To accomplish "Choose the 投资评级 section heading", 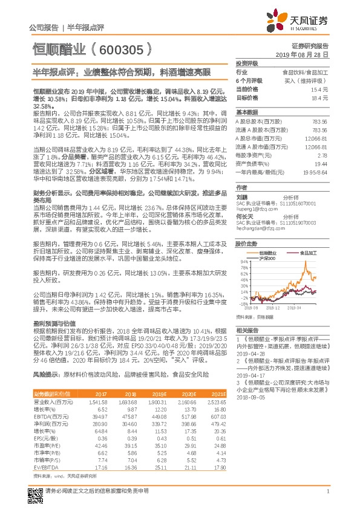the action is pyautogui.click(x=247, y=63).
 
